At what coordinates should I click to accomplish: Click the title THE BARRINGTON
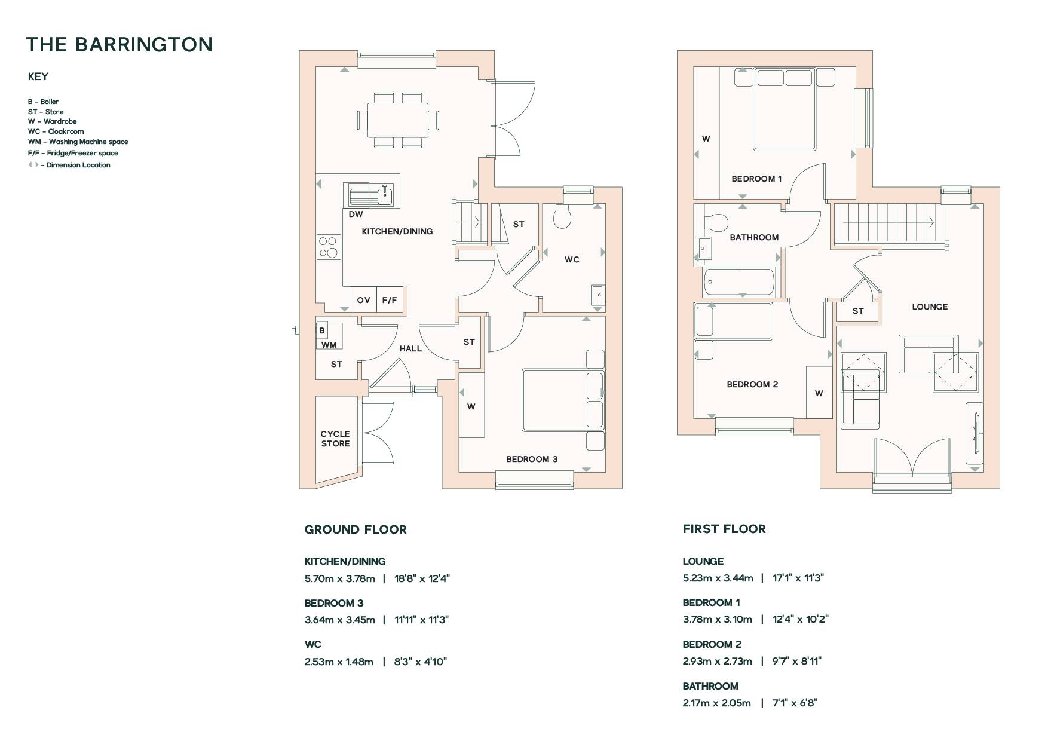pos(119,45)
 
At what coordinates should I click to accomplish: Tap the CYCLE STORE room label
pos(335,439)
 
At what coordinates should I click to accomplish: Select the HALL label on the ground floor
pos(410,348)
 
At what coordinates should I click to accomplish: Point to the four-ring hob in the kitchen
pos(328,247)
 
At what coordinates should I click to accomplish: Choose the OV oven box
pos(364,300)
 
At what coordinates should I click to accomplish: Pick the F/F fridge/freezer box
pos(390,300)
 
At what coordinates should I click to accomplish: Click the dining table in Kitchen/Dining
pos(398,120)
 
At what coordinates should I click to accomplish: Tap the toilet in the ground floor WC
pos(563,217)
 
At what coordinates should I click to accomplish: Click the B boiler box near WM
pos(322,330)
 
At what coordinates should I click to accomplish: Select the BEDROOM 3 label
pos(532,459)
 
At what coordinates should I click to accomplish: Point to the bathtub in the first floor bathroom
pos(739,281)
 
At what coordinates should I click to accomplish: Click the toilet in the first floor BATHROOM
pos(716,223)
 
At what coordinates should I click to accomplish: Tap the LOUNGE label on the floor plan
pos(930,307)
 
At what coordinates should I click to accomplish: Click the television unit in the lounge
pos(975,433)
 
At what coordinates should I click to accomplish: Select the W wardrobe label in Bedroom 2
pos(819,393)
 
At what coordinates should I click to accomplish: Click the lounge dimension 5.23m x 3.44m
pos(718,578)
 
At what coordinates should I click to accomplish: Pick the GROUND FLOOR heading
pos(356,529)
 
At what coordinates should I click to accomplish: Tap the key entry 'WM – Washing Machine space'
pos(78,142)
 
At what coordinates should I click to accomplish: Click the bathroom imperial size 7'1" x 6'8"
pos(795,703)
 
